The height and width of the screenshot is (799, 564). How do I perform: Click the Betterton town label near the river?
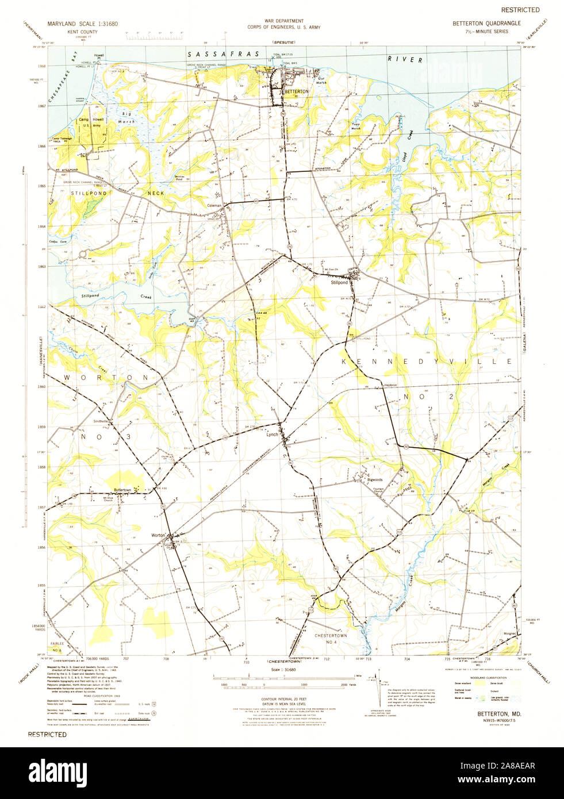297,91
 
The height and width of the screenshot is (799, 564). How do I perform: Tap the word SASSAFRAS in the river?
224,53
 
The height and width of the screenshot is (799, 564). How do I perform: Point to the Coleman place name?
214,205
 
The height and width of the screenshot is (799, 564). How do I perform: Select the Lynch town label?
272,435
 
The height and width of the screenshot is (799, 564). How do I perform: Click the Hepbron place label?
390,385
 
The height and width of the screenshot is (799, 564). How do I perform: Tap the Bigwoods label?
375,479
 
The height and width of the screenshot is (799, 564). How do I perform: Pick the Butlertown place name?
122,490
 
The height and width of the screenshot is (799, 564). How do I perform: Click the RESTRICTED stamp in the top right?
520,10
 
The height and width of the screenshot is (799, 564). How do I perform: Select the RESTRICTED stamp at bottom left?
47,735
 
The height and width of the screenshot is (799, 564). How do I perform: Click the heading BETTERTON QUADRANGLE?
486,23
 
